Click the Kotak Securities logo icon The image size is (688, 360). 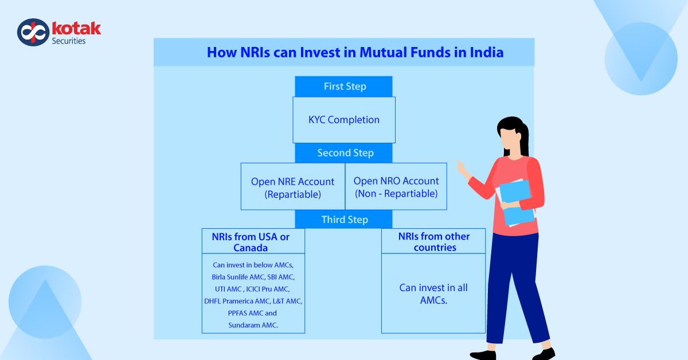[x=33, y=32]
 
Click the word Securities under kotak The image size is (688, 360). [x=69, y=41]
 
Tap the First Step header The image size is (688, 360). [x=344, y=87]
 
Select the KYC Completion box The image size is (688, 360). [x=344, y=120]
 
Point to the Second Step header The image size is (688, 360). [x=344, y=153]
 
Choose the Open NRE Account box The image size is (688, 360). [x=292, y=187]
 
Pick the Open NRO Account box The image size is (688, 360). [x=396, y=187]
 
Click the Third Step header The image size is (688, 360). [x=344, y=220]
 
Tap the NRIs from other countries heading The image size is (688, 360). [x=433, y=242]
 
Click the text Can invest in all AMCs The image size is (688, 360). [x=433, y=293]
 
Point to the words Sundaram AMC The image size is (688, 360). [x=253, y=325]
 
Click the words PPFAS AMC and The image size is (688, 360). [x=252, y=313]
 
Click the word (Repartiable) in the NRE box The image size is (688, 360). [x=292, y=194]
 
